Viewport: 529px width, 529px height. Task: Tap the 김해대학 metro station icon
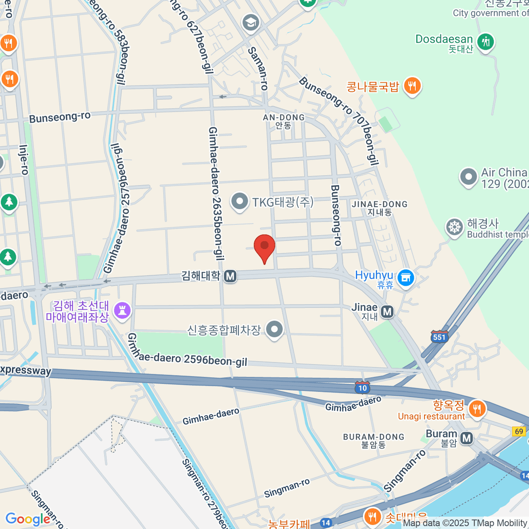(230, 276)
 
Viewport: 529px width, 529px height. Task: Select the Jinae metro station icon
(387, 312)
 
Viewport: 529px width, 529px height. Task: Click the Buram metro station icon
(466, 438)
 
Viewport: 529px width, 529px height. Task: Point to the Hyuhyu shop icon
(406, 278)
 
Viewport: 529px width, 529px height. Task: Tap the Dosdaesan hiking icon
(486, 42)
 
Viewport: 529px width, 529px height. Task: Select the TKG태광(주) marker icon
(240, 201)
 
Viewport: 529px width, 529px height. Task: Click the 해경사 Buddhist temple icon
(454, 227)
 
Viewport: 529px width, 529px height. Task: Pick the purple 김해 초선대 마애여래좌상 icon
(123, 310)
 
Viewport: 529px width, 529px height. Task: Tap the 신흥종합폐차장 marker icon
(275, 329)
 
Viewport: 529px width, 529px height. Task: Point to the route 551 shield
(440, 337)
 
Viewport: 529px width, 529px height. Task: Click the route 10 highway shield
(362, 387)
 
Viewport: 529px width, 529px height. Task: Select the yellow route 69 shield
(519, 431)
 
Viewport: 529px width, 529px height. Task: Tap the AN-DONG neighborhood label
(283, 121)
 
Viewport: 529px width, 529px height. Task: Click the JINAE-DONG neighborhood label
(380, 208)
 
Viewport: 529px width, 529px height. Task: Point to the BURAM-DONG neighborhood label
(373, 440)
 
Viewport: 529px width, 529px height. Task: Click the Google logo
(28, 519)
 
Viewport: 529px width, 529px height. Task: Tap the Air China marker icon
(468, 177)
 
